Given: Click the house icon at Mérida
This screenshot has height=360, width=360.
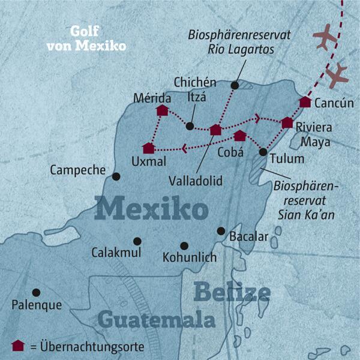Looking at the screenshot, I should pos(162,110).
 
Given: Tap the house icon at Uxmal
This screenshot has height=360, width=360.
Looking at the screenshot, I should pos(149,148).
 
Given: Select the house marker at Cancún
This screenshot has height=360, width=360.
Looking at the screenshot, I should pos(305,102).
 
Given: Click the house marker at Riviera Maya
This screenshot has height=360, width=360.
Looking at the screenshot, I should pos(287,122).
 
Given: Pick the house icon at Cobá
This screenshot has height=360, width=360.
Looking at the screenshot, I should pos(240,136).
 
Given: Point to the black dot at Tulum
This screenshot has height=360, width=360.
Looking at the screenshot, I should pos(263,152).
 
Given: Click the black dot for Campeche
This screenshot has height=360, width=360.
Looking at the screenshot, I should pos(116,176).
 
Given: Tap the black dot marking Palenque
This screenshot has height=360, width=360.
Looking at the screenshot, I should pos(37,292).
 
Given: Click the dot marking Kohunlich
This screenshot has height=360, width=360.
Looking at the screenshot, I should pos(184,245).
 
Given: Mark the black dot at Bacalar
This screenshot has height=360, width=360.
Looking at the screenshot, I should pos(221,231).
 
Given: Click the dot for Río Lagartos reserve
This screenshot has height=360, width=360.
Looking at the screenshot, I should pos(235,86).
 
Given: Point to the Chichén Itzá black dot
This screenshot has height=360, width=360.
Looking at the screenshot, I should pos(190,126).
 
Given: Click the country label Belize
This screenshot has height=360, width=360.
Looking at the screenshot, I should pos(232,293).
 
